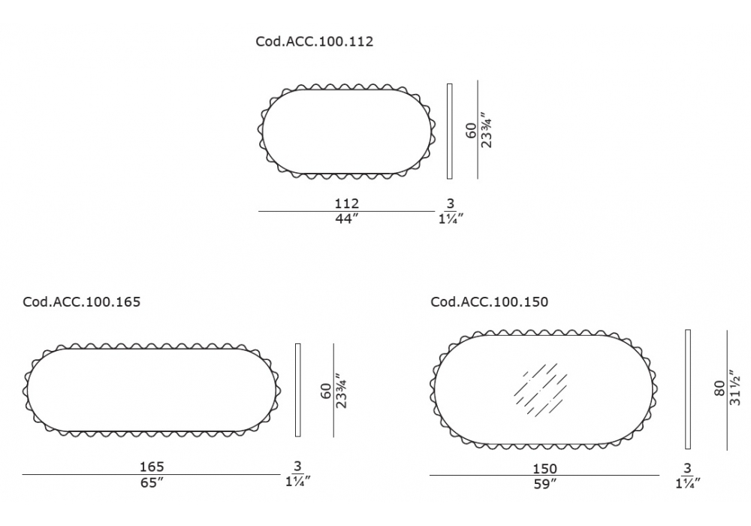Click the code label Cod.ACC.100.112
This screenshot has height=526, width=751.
(x=314, y=41)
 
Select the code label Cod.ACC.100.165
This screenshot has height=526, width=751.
(x=81, y=302)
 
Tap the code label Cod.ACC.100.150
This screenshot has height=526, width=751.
(x=489, y=302)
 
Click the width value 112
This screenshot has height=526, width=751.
(x=347, y=204)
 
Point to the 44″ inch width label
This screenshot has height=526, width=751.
(x=347, y=219)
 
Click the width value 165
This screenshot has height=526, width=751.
(x=152, y=467)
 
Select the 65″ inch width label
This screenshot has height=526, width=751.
(x=152, y=482)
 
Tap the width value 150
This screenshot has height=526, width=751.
(x=544, y=468)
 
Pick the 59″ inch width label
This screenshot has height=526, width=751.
(x=544, y=485)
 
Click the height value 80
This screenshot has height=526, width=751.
(x=720, y=388)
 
